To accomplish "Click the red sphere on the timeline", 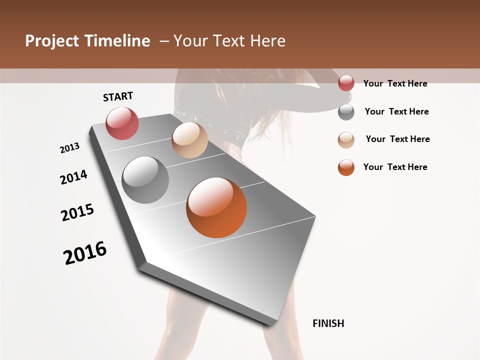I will tap(122, 123).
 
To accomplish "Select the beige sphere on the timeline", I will tap(189, 140).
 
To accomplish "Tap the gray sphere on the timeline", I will tap(145, 179).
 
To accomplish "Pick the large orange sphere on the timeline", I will tap(216, 207).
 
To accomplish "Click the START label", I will tap(118, 96).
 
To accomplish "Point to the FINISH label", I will tap(328, 323).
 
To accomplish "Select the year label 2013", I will tap(70, 148).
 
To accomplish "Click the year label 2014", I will tap(74, 177).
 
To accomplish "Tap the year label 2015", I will tap(77, 212).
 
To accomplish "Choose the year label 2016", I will tap(85, 253).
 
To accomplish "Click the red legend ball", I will tap(346, 83).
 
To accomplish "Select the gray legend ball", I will tap(346, 112).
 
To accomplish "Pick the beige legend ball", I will tap(346, 140).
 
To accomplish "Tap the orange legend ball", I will tap(346, 167).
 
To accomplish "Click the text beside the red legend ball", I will tap(395, 83).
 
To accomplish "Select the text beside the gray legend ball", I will tap(396, 111).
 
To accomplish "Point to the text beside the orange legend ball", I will tap(395, 167).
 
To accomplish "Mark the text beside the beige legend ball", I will tap(397, 139).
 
